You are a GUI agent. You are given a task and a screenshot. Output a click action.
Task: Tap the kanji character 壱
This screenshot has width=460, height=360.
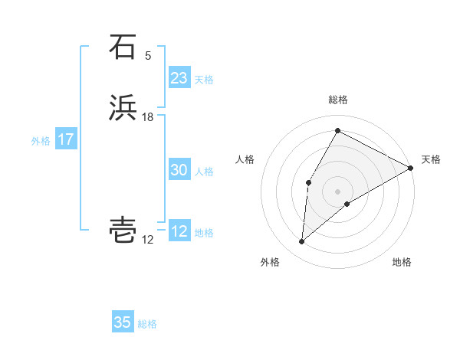click(x=123, y=230)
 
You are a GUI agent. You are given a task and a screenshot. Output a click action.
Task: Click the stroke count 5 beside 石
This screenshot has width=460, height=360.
click(x=148, y=56)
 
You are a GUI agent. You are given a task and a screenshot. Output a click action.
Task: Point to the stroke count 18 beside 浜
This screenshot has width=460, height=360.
click(x=148, y=117)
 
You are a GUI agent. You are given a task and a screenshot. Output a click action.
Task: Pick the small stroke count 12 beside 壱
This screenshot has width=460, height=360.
click(x=148, y=240)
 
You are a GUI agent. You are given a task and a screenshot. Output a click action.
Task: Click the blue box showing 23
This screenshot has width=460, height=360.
click(x=179, y=78)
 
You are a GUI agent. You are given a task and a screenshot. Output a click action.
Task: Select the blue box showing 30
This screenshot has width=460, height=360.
click(x=179, y=170)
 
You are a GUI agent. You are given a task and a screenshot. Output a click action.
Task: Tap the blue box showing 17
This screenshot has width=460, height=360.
click(x=65, y=139)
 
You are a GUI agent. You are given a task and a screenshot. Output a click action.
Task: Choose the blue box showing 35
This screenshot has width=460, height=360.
click(x=123, y=322)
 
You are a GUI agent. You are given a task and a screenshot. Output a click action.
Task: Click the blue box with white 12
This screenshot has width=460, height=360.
click(x=179, y=231)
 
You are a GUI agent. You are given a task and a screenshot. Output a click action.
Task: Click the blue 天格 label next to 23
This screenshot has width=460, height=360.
click(x=204, y=80)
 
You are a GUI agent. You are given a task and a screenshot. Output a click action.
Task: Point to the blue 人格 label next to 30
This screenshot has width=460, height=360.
click(x=204, y=172)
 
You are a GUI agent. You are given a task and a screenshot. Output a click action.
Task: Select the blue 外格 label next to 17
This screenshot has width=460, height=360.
click(x=41, y=141)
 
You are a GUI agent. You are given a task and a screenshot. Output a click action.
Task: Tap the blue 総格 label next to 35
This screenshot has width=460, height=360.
click(x=147, y=324)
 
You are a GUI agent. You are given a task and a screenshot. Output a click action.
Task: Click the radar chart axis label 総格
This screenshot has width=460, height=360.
click(x=338, y=100)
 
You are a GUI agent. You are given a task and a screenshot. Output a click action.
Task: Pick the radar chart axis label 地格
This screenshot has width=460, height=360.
click(x=402, y=263)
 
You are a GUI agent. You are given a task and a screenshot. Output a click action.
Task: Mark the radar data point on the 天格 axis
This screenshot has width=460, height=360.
click(x=411, y=168)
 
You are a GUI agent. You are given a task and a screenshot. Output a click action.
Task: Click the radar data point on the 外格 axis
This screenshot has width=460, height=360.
click(x=302, y=242)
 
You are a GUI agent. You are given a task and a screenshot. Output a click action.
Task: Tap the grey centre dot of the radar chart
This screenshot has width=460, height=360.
click(x=338, y=191)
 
